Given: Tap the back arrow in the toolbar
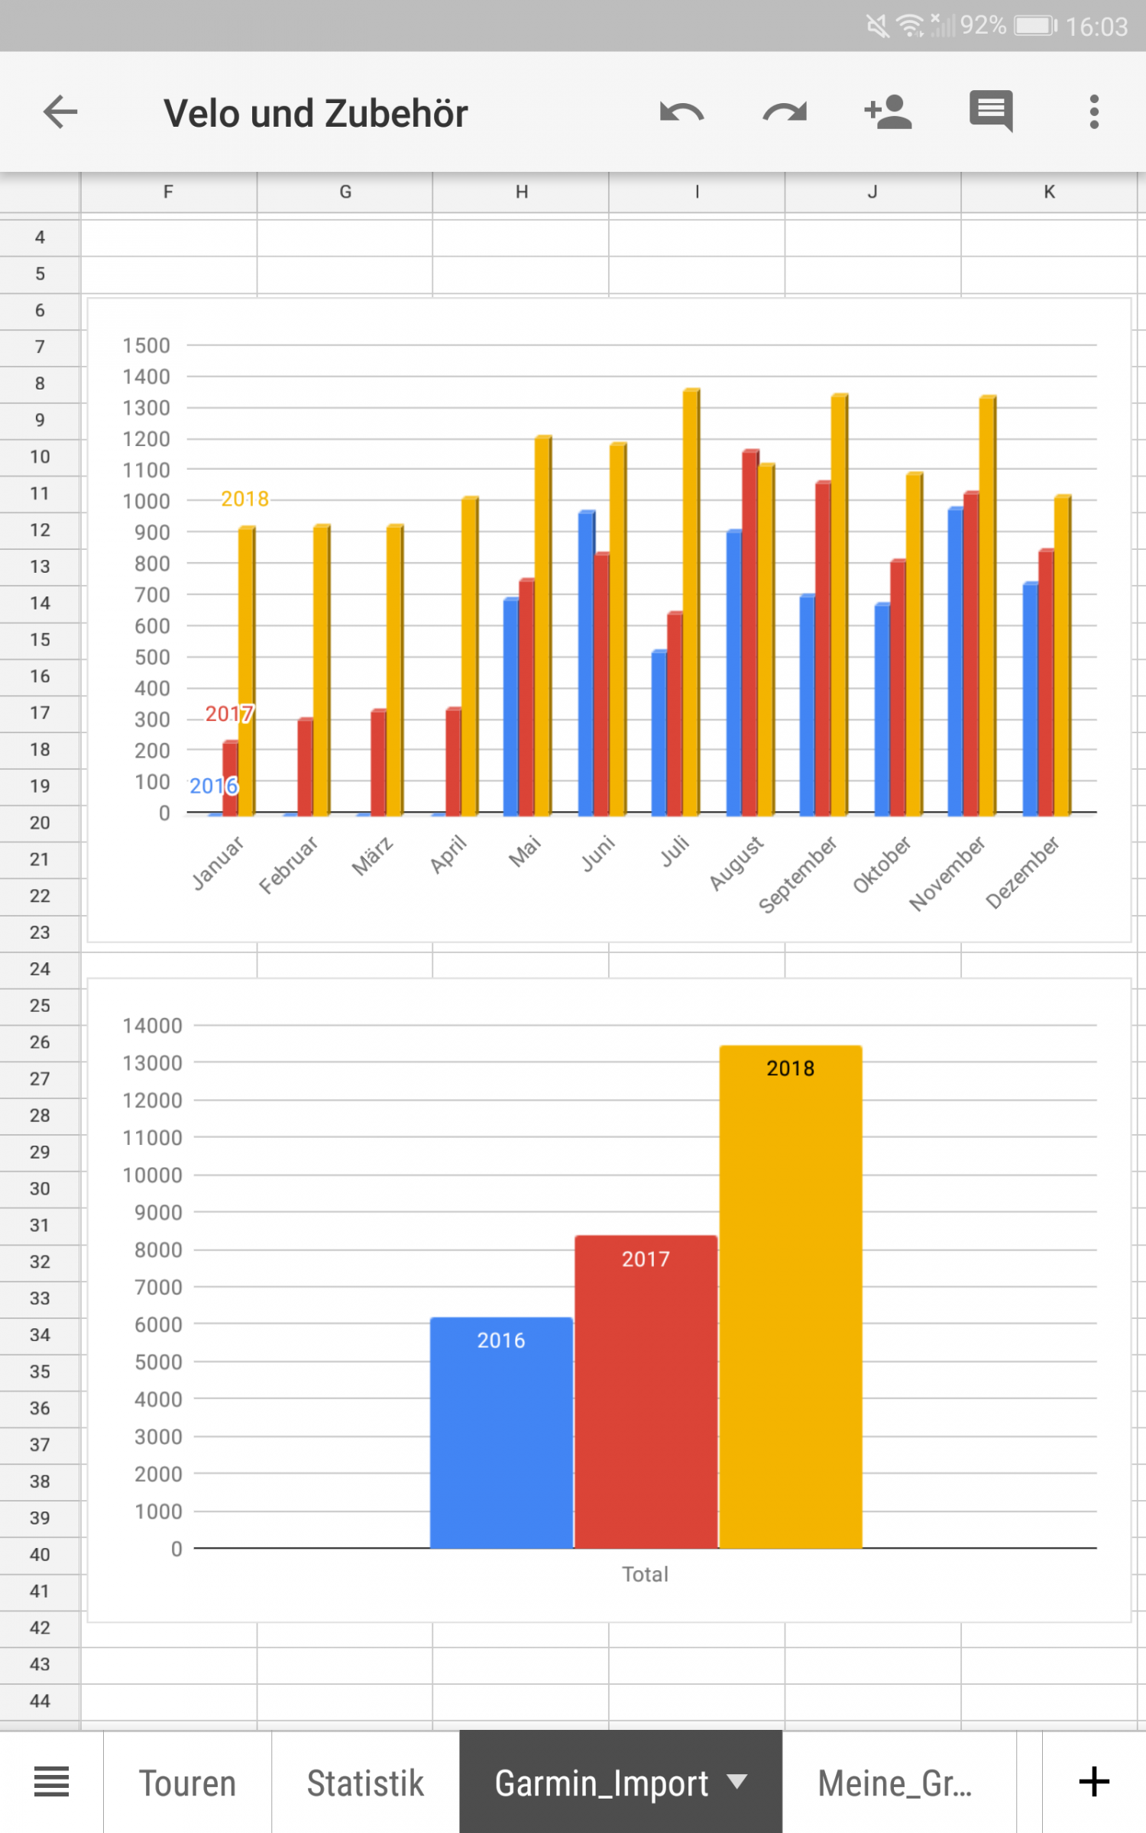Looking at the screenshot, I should (60, 113).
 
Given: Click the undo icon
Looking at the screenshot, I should (681, 113).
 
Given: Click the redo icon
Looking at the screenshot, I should (785, 113).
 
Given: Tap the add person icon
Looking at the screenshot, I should (888, 113).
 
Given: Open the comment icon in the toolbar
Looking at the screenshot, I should (991, 112).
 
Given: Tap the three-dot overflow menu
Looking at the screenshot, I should (1094, 113).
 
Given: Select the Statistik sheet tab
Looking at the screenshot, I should (365, 1783).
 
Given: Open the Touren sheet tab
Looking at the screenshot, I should (187, 1783).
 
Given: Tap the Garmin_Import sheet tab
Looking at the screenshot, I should (602, 1783).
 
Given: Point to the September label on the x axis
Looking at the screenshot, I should (797, 874).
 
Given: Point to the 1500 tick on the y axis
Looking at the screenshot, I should (146, 346).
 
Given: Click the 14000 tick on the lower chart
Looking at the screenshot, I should (152, 1026).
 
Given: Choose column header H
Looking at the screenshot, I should (521, 192).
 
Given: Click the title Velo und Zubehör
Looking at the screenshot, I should (316, 114).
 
